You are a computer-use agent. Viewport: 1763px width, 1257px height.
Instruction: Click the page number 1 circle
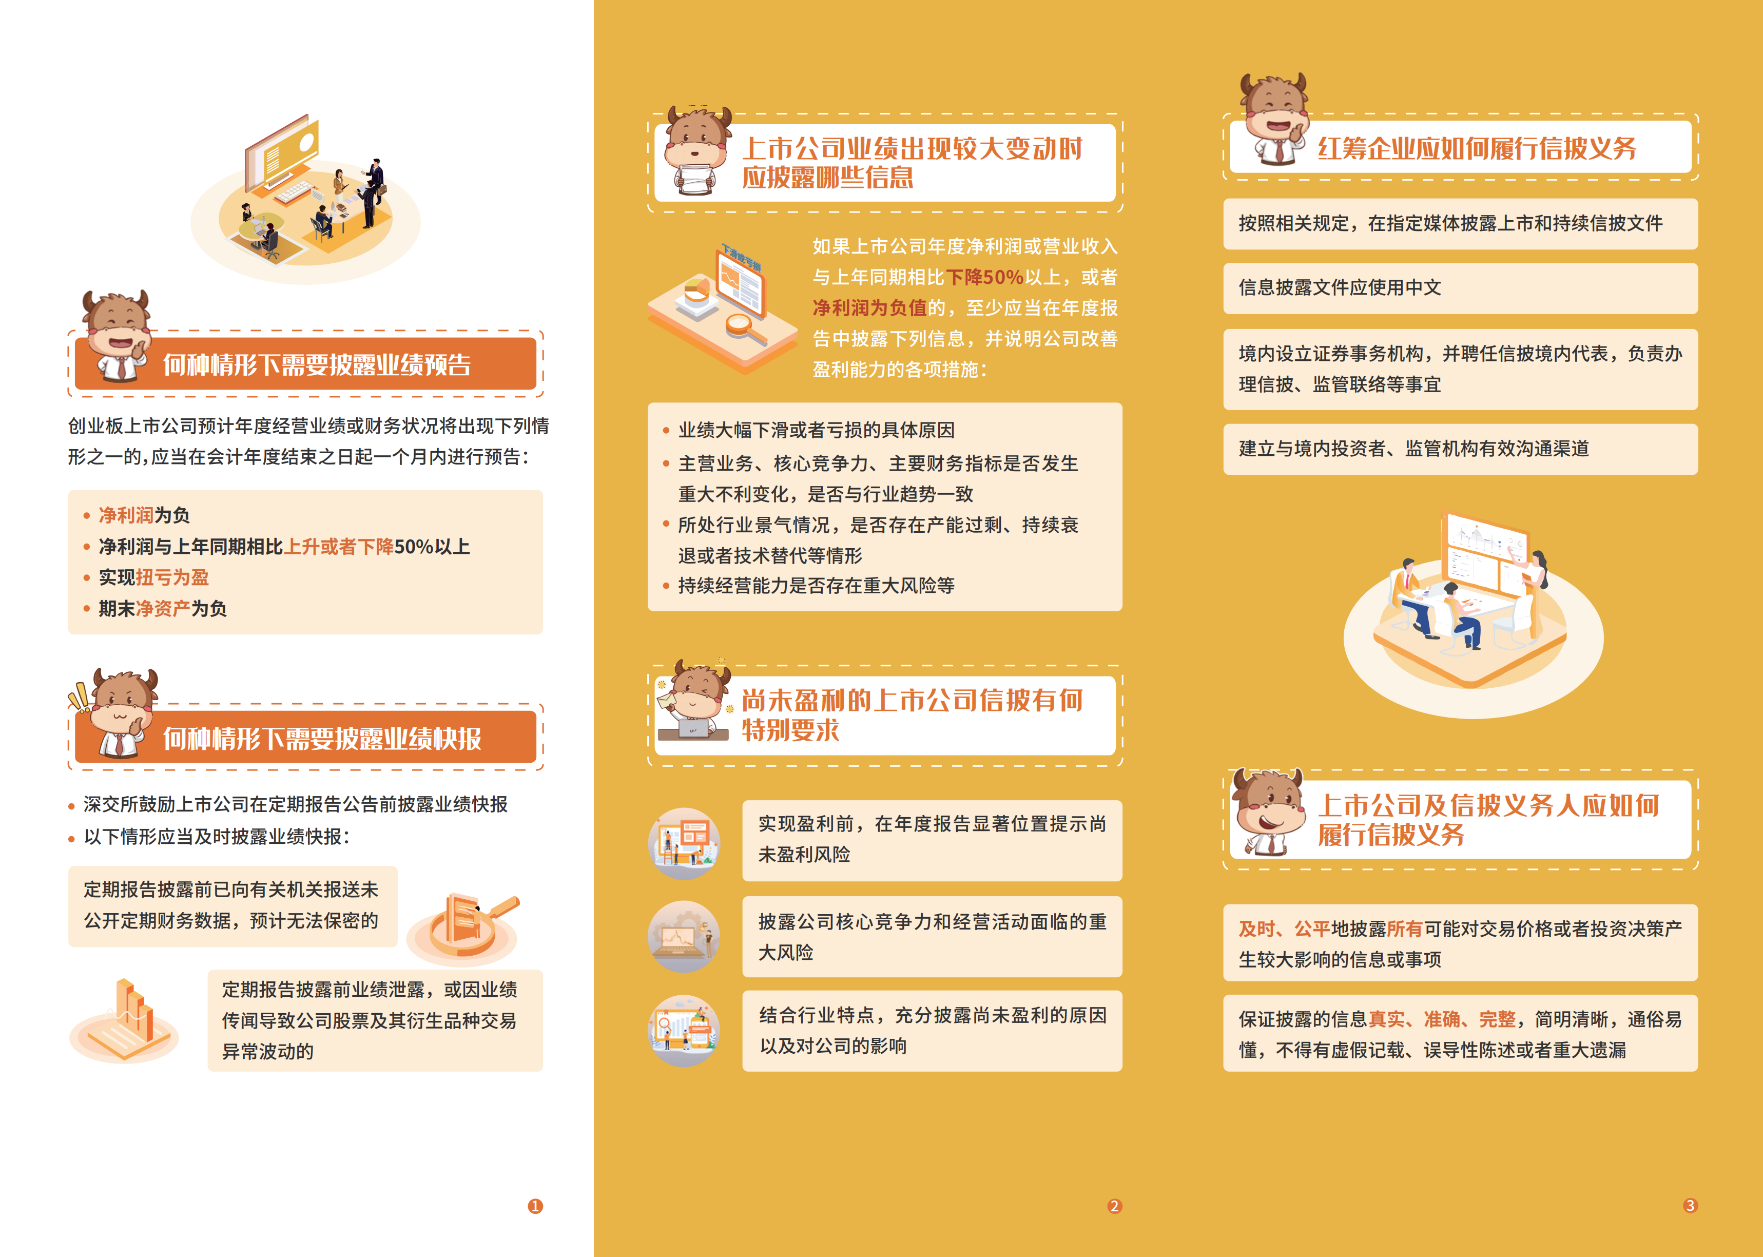click(x=535, y=1206)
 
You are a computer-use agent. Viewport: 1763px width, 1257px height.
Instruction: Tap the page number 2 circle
click(x=1114, y=1206)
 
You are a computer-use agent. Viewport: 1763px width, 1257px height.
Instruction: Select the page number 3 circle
click(x=1690, y=1205)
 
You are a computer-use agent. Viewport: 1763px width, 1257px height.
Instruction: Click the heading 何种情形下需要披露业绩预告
click(x=317, y=364)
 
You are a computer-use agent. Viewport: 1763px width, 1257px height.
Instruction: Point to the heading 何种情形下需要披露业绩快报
click(x=322, y=739)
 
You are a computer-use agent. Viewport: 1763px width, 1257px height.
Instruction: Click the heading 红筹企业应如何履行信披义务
click(x=1477, y=148)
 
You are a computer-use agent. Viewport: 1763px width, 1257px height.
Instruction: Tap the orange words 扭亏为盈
click(x=172, y=577)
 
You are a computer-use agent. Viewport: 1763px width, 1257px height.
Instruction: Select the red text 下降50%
click(x=984, y=277)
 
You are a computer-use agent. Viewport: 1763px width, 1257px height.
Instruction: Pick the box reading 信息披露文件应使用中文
click(x=1460, y=288)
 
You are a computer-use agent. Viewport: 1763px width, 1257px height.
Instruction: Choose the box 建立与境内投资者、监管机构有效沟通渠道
click(x=1460, y=449)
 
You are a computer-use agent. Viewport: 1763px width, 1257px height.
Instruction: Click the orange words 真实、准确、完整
click(x=1442, y=1019)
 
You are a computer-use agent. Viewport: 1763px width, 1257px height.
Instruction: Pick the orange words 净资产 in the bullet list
click(x=163, y=608)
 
